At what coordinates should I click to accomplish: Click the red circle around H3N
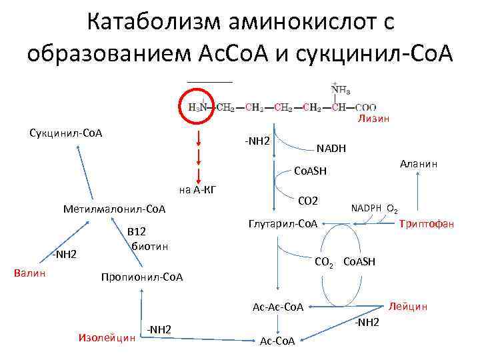pos(199,105)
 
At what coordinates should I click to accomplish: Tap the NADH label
pos(331,149)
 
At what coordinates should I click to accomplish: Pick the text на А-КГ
pos(199,190)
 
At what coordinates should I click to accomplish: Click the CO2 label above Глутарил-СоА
pos(308,201)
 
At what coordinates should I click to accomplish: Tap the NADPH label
pos(367,208)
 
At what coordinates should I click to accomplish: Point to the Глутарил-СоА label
pos(283,223)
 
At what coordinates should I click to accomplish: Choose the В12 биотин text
pos(145,239)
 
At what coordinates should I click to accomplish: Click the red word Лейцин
pos(408,307)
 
